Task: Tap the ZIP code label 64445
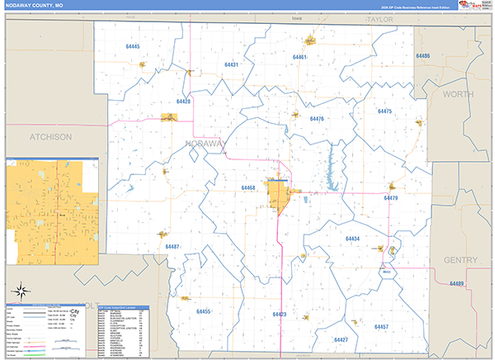133,47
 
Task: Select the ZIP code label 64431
231,64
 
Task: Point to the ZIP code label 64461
299,57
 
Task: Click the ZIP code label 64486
423,56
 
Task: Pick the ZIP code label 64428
184,102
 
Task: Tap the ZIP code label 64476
317,119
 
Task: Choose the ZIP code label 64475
384,111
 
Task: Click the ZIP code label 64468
248,188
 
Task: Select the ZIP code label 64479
391,198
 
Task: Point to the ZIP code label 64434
352,239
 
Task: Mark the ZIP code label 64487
172,247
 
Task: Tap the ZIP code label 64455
204,311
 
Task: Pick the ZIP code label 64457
381,327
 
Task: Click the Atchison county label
49,136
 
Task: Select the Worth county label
458,95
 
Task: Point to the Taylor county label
380,17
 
